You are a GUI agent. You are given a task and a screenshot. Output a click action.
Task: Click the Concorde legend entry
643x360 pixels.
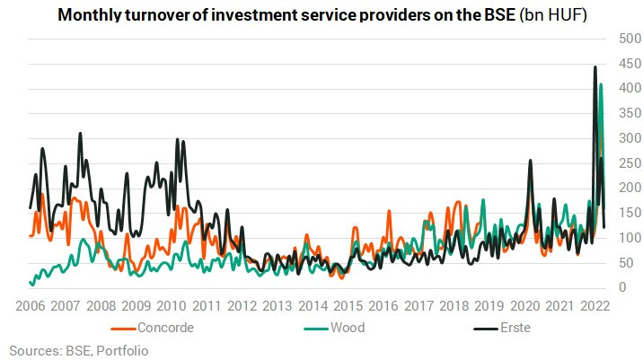point(152,328)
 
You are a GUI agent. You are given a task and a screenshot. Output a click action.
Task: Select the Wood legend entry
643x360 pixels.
point(334,328)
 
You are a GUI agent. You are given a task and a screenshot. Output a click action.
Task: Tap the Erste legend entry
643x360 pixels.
point(502,328)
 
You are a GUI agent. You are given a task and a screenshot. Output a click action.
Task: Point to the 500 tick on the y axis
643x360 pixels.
point(630,39)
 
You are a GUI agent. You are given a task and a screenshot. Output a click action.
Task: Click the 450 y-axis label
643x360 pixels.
point(630,64)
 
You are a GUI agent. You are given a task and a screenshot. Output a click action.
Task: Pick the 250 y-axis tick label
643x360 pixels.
point(630,163)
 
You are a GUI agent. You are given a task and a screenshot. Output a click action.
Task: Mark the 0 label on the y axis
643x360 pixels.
point(623,287)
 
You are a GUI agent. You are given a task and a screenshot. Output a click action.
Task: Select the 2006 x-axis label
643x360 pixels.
point(31,306)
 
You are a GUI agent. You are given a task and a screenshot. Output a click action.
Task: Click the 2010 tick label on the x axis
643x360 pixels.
point(172,306)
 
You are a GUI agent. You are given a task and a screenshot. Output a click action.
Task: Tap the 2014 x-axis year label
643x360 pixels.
point(313,306)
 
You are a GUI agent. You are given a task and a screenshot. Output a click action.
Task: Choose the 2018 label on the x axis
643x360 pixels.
point(454,306)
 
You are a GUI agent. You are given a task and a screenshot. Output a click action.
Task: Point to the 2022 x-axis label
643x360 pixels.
point(595,306)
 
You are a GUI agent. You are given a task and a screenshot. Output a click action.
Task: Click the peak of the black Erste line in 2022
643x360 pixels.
point(595,66)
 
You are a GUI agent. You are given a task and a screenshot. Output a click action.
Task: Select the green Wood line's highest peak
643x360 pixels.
point(601,84)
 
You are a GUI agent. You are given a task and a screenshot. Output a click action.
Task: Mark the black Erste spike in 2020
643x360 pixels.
point(530,161)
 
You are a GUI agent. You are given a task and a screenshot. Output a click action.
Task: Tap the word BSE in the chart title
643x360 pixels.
point(500,15)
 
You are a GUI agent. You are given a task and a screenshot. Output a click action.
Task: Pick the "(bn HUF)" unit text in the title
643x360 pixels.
point(553,15)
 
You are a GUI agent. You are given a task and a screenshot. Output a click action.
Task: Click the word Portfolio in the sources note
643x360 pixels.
point(122,351)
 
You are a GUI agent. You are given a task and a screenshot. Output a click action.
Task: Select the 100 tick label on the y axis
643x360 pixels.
point(630,238)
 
